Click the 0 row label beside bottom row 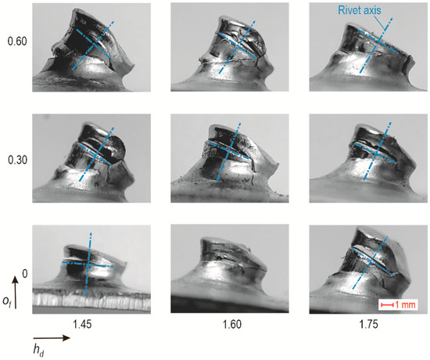tap(24, 274)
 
